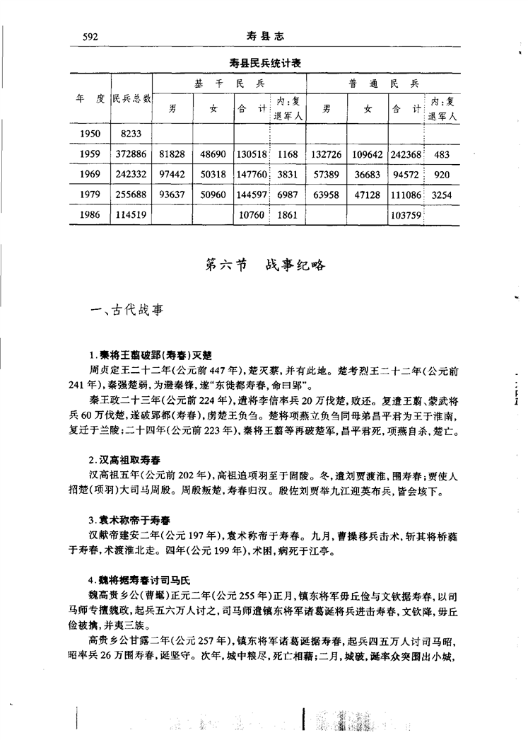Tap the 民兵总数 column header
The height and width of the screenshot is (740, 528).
(132, 100)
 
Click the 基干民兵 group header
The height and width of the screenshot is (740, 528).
(229, 83)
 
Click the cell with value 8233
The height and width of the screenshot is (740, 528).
(132, 132)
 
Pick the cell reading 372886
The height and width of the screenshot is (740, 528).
(132, 154)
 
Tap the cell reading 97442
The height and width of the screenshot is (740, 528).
(172, 174)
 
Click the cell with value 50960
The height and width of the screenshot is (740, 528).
(213, 195)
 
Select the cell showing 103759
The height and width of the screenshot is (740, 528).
(406, 215)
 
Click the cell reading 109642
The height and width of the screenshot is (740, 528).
(367, 154)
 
